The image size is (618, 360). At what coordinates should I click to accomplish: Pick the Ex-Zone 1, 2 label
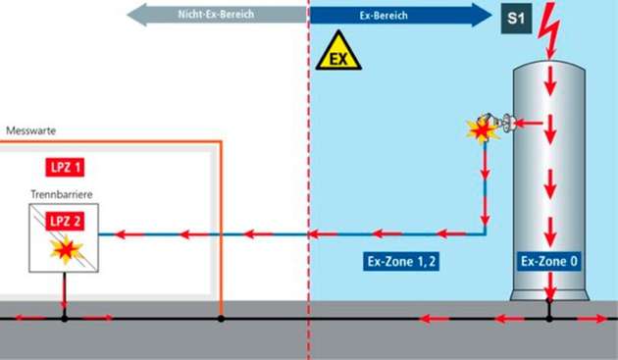pos(387,262)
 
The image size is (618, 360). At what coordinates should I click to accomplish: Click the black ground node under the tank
pos(548,318)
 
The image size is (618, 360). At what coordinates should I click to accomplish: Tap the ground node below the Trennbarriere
pos(65,318)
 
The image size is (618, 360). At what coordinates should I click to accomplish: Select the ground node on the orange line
pos(222,318)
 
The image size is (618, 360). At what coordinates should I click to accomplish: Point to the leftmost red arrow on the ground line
pos(27,318)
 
